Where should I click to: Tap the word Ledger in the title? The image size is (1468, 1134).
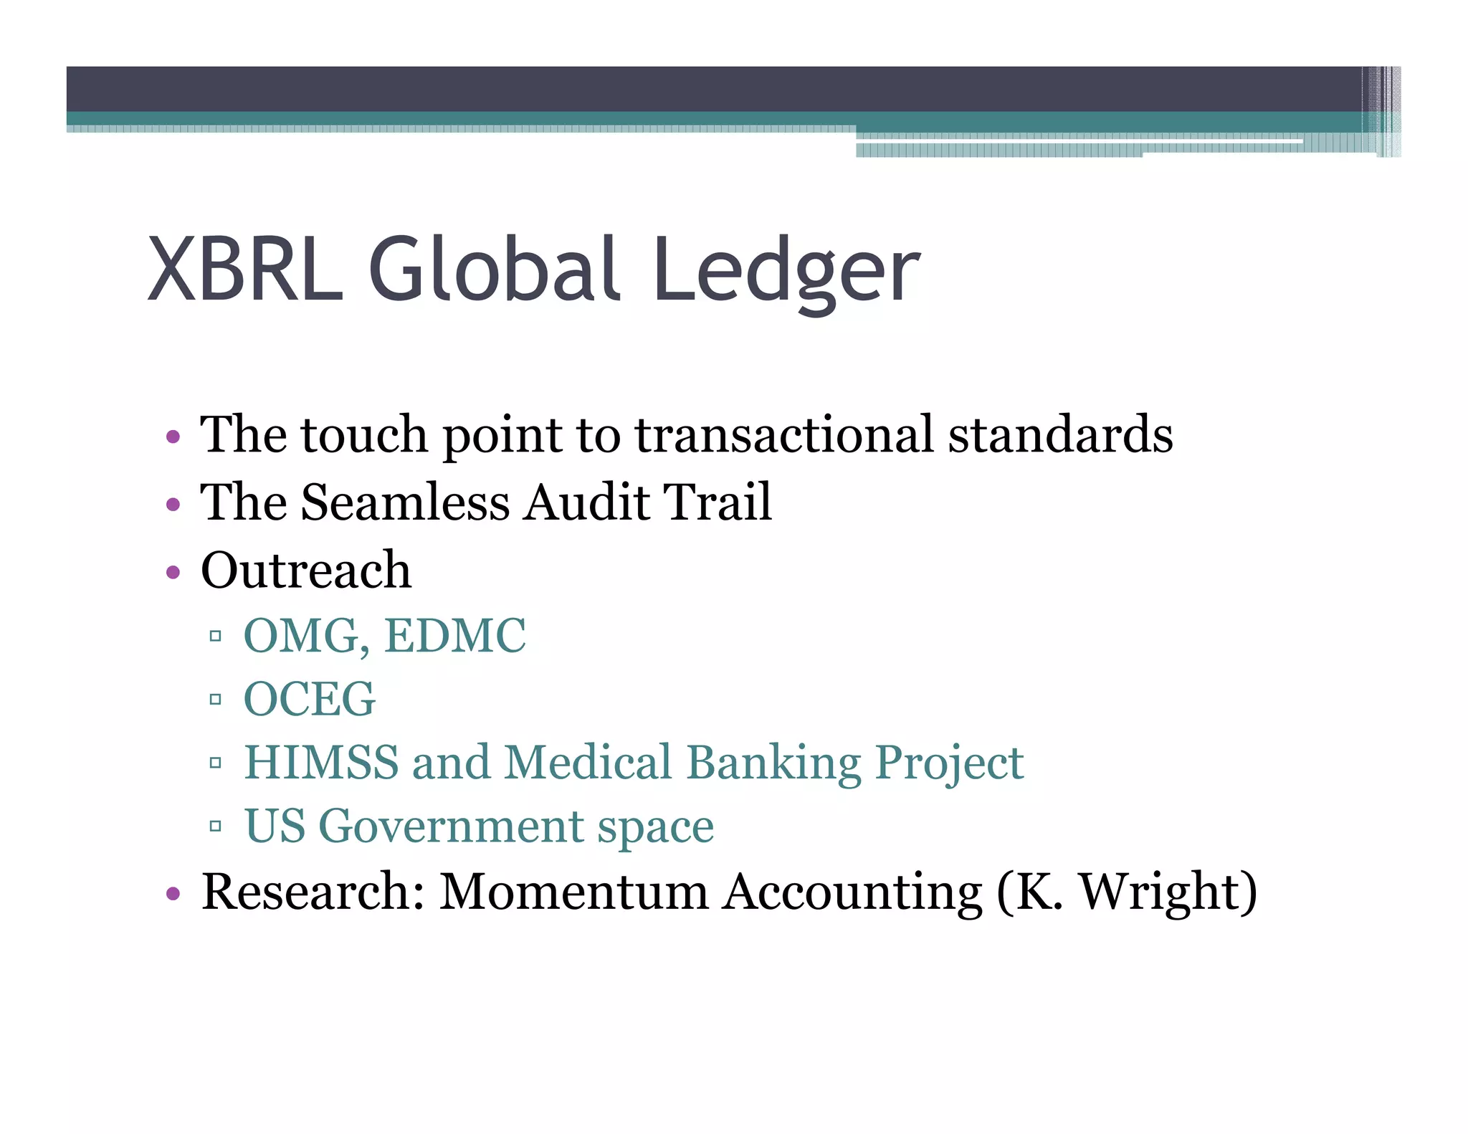pos(786,272)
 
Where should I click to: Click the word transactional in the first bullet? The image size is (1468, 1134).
pos(784,434)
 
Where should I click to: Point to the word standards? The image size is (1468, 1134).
pos(1060,434)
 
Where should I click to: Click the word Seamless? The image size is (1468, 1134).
pos(406,502)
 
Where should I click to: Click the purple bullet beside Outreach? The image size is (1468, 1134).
pos(173,572)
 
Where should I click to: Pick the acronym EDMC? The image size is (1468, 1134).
pos(455,636)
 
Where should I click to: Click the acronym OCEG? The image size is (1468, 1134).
pos(310,699)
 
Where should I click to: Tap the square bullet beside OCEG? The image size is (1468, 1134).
pos(215,699)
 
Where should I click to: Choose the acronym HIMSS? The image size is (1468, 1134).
pos(321,762)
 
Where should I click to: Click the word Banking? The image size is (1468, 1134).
pos(773,763)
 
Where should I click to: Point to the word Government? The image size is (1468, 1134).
pos(451,826)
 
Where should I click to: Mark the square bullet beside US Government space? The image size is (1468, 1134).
pos(215,826)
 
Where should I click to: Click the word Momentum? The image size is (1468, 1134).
pos(573,892)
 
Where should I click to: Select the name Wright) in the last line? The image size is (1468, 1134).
pos(1168,893)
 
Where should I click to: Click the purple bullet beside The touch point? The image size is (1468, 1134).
pos(173,436)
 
